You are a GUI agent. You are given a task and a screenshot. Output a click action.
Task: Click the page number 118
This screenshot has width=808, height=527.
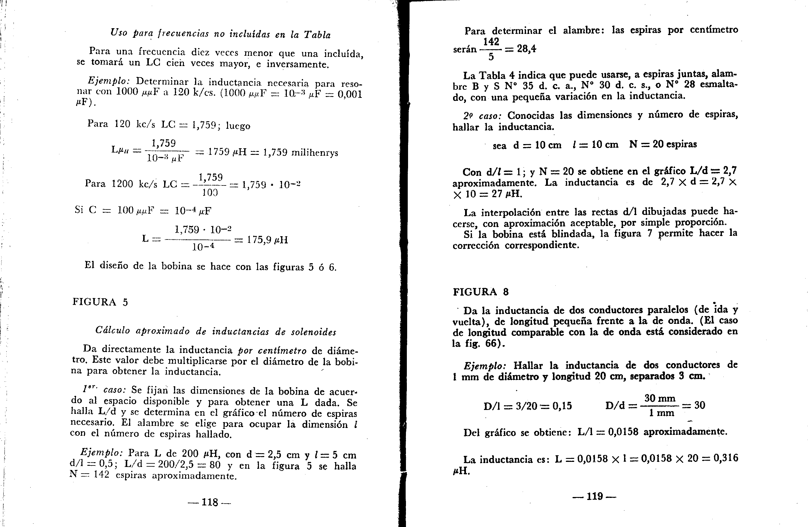(209, 502)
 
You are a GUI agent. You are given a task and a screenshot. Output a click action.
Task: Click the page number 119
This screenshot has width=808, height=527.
(594, 496)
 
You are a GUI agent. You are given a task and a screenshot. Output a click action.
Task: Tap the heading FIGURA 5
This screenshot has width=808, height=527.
(100, 302)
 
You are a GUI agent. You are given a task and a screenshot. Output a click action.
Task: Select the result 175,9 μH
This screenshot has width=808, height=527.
(268, 240)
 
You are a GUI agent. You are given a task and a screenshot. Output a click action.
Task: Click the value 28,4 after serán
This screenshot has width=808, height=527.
(527, 49)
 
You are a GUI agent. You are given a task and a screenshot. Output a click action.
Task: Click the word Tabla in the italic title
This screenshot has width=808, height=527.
(317, 35)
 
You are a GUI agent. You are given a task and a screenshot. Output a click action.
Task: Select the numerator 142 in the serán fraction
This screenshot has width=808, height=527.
(491, 41)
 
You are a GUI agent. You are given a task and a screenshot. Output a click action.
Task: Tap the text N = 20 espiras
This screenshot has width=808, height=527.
(663, 144)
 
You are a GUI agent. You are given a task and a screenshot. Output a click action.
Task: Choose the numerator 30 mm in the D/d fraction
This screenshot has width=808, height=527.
(660, 398)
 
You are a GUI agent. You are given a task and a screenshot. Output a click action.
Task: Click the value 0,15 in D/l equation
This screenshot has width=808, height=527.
(562, 405)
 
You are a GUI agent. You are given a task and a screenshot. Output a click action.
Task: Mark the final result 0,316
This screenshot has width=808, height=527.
(725, 458)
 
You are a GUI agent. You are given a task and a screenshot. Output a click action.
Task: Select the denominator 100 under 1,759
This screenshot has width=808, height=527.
(210, 193)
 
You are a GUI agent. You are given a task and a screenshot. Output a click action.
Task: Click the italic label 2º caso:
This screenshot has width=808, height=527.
(482, 116)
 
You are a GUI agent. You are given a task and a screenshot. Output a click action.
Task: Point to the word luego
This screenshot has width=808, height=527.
(238, 126)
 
